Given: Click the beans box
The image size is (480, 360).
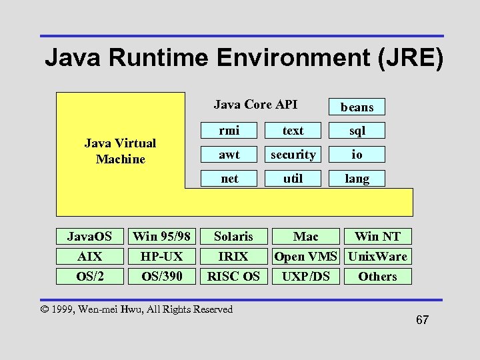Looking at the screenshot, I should click(x=357, y=107).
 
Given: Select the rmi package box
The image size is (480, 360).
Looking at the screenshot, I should click(x=229, y=131).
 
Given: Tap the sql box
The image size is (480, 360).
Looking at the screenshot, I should click(x=357, y=131).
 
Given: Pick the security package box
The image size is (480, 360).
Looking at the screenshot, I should click(x=293, y=155).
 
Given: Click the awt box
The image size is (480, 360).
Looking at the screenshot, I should click(x=229, y=155).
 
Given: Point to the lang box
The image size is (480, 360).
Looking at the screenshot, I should click(x=357, y=179).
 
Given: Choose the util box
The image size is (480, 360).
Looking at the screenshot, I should click(x=293, y=179).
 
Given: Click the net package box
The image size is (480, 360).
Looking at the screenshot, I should click(x=229, y=179).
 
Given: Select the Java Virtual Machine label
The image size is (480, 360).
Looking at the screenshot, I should click(x=120, y=151).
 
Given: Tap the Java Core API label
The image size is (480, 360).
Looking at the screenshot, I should click(x=255, y=105).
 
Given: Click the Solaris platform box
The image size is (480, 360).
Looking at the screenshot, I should click(x=233, y=236).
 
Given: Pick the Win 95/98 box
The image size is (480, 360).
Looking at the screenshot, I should click(x=162, y=236).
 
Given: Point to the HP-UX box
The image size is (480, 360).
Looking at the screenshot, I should click(x=162, y=256).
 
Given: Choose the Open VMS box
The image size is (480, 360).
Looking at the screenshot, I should click(x=306, y=256).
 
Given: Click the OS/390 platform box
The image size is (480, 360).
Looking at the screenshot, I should click(x=162, y=276).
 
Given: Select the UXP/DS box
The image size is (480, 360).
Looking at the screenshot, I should click(x=306, y=276).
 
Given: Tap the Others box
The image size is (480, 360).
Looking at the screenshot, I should click(x=377, y=276).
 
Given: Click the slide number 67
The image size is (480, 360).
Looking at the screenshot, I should click(x=422, y=320).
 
